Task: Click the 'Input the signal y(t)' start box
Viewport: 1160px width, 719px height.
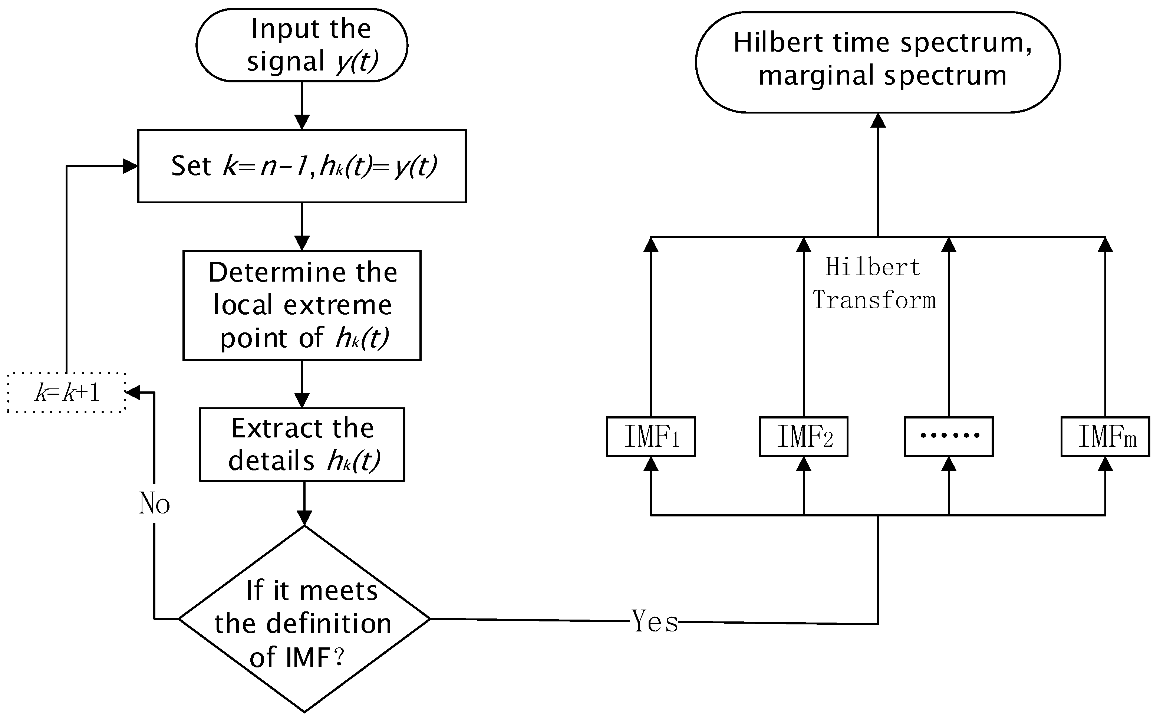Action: pyautogui.click(x=302, y=45)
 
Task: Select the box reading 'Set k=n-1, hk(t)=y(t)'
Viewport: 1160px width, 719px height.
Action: pyautogui.click(x=302, y=166)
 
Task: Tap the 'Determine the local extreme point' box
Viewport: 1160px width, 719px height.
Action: pyautogui.click(x=302, y=305)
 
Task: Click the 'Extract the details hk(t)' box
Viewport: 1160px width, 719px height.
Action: pyautogui.click(x=302, y=444)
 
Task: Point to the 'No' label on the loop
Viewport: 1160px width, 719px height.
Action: pyautogui.click(x=154, y=503)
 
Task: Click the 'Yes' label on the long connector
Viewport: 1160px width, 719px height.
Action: pyautogui.click(x=655, y=621)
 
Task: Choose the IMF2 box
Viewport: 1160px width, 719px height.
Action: pyautogui.click(x=803, y=437)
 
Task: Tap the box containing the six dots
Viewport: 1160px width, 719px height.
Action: pyautogui.click(x=949, y=437)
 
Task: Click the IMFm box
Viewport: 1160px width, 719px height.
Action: pyautogui.click(x=1105, y=437)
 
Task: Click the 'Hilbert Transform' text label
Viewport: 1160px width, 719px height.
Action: pyautogui.click(x=873, y=283)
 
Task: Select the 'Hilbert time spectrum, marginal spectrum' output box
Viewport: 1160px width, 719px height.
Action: pyautogui.click(x=878, y=62)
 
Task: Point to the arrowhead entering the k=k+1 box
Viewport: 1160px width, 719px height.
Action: pyautogui.click(x=133, y=392)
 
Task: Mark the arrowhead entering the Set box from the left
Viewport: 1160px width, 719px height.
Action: pyautogui.click(x=130, y=166)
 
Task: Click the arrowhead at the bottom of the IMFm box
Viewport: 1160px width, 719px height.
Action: pyautogui.click(x=1105, y=464)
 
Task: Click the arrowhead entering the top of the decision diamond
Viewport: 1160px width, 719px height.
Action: pyautogui.click(x=304, y=518)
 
